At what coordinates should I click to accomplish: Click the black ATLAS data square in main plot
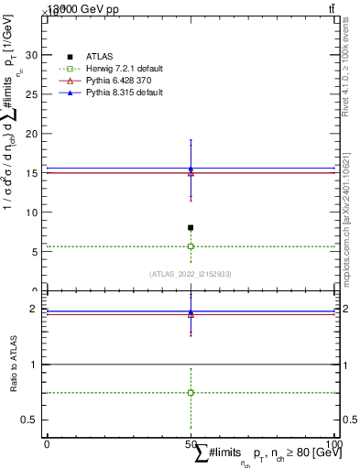point(191,227)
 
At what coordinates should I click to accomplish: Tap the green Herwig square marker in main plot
point(191,246)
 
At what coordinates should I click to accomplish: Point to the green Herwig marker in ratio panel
point(191,392)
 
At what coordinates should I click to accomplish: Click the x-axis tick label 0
point(47,444)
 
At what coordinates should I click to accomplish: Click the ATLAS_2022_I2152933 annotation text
point(191,274)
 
